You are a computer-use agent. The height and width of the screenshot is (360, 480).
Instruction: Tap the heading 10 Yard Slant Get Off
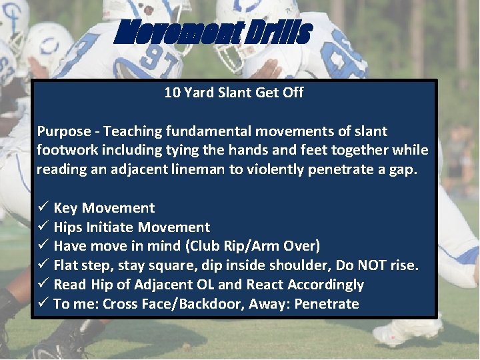click(x=233, y=93)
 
